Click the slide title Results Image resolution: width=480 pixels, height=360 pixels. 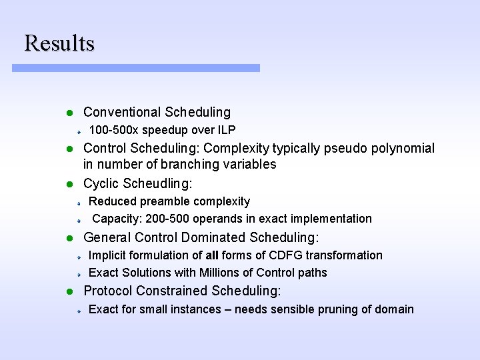coord(59,43)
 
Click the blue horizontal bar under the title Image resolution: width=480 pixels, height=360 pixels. coord(135,68)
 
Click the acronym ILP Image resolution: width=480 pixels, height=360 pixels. coord(226,130)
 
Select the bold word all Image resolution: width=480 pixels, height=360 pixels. coord(212,255)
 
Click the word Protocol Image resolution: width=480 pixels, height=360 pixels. coord(107,291)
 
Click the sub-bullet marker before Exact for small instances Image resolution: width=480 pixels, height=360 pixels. coord(78,310)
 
